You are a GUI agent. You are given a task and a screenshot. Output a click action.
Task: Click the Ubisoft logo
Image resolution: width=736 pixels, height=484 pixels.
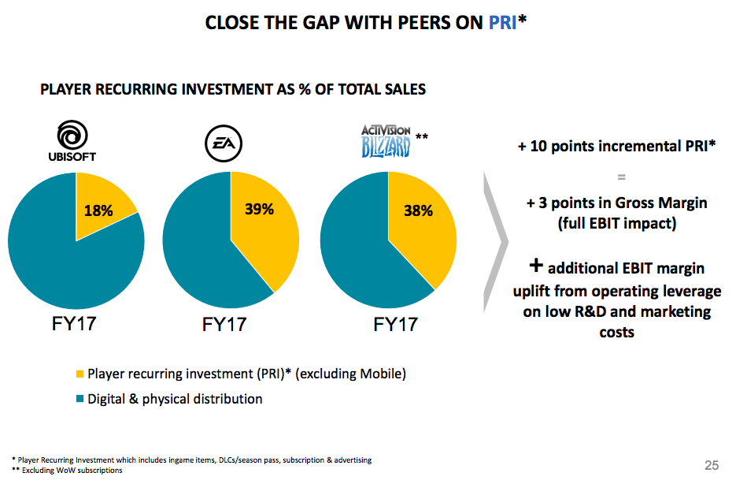72,140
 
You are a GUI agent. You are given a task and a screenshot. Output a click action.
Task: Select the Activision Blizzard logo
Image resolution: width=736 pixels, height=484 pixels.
386,141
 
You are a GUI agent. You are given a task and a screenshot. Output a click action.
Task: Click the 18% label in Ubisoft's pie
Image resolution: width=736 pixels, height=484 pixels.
99,210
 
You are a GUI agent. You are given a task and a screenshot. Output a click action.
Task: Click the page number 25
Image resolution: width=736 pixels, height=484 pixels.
711,465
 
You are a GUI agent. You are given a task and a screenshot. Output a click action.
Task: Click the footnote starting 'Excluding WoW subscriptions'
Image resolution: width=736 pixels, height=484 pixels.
71,471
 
